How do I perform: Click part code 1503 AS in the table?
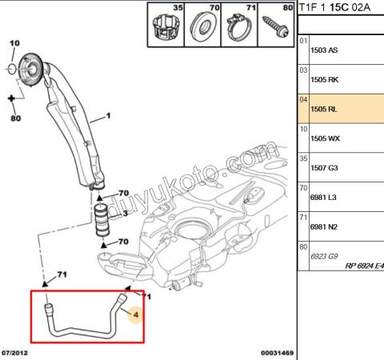pyautogui.click(x=324, y=49)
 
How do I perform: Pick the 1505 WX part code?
pyautogui.click(x=324, y=138)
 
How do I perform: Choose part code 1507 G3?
pyautogui.click(x=324, y=167)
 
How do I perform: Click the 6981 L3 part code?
pyautogui.click(x=324, y=197)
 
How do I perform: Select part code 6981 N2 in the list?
pyautogui.click(x=324, y=226)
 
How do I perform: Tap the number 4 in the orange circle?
pyautogui.click(x=135, y=315)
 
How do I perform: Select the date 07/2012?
pyautogui.click(x=16, y=353)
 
